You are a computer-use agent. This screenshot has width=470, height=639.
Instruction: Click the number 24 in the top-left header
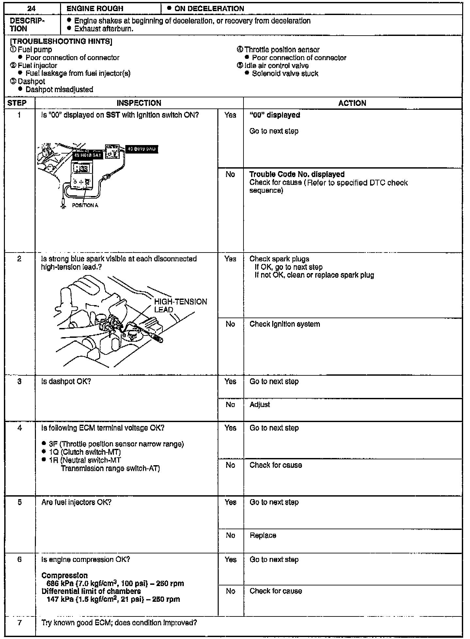pyautogui.click(x=31, y=9)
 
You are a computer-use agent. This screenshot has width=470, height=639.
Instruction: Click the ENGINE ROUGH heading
pyautogui.click(x=95, y=9)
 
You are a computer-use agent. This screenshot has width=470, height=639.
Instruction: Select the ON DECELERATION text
pyautogui.click(x=209, y=9)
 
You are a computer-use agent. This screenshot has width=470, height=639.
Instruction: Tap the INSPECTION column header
pyautogui.click(x=139, y=103)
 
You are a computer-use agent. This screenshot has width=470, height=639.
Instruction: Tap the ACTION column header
pyautogui.click(x=352, y=103)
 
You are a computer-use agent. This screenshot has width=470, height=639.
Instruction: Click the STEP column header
pyautogui.click(x=17, y=103)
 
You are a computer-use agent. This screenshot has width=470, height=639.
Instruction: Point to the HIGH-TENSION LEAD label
pyautogui.click(x=180, y=305)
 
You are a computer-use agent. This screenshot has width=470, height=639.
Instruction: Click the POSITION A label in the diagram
pyautogui.click(x=85, y=205)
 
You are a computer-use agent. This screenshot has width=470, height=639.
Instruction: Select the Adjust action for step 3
pyautogui.click(x=260, y=404)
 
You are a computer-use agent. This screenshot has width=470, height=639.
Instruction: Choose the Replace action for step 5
pyautogui.click(x=263, y=535)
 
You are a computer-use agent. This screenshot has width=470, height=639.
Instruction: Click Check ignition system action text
pyautogui.click(x=285, y=324)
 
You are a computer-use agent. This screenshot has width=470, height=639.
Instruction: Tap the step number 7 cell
pyautogui.click(x=20, y=623)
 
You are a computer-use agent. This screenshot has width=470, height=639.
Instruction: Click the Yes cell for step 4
pyautogui.click(x=230, y=428)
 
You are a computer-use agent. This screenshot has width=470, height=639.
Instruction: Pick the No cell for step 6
pyautogui.click(x=230, y=591)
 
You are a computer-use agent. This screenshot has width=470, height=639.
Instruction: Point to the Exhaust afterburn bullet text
pyautogui.click(x=104, y=29)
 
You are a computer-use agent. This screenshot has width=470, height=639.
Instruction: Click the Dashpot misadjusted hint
pyautogui.click(x=59, y=90)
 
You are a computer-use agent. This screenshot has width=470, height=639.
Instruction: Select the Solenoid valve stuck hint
pyautogui.click(x=285, y=74)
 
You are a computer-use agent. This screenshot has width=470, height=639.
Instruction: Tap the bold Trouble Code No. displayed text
pyautogui.click(x=297, y=174)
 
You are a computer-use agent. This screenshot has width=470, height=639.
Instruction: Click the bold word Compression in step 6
pyautogui.click(x=65, y=575)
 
